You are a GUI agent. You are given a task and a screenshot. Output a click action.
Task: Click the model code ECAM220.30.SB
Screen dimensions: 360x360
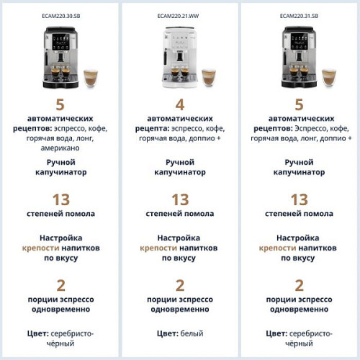[x=61, y=14]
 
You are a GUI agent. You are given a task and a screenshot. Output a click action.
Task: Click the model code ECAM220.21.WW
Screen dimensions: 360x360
[x=180, y=14]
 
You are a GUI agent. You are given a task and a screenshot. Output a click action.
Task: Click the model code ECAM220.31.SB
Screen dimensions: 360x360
[x=299, y=14]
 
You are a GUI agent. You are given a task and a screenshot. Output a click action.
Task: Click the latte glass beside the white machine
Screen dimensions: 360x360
[x=209, y=78]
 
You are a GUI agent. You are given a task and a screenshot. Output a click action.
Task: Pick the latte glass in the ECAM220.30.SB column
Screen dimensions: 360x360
[x=90, y=78]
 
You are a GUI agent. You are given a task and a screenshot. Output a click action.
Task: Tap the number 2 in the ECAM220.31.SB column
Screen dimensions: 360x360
[x=299, y=284]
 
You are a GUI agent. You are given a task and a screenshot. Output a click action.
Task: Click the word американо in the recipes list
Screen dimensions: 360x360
[x=61, y=148]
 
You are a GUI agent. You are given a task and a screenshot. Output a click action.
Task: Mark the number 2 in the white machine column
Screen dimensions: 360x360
[x=180, y=284]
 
